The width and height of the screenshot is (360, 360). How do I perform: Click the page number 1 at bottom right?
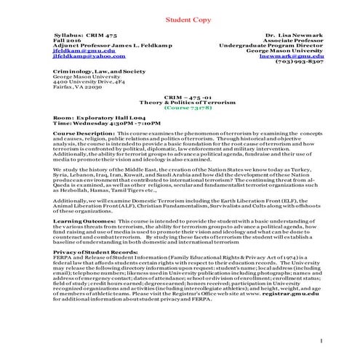point(321,340)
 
